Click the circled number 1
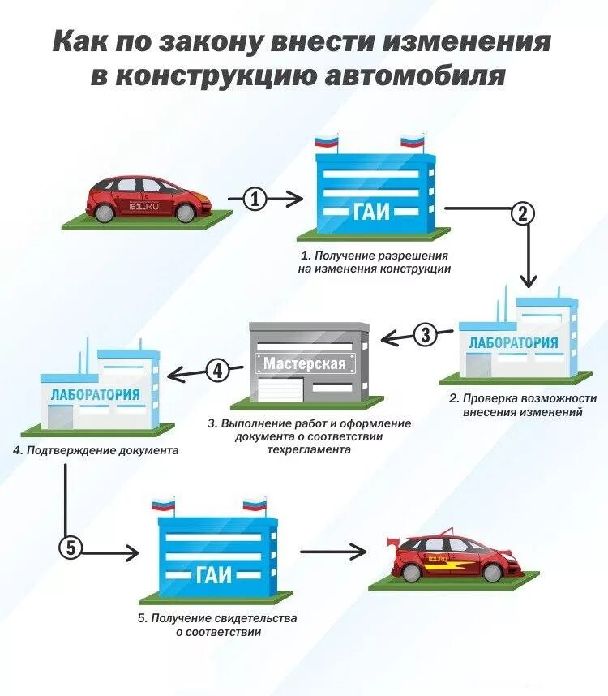coord(255,199)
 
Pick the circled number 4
coord(216,371)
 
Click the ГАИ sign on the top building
coord(371,213)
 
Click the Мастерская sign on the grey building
coord(304,363)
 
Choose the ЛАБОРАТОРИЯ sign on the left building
coord(95,395)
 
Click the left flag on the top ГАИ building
coord(326,143)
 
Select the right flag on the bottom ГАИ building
coord(254,505)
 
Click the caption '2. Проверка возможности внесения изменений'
coord(523,405)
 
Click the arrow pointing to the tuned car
coord(333,552)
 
